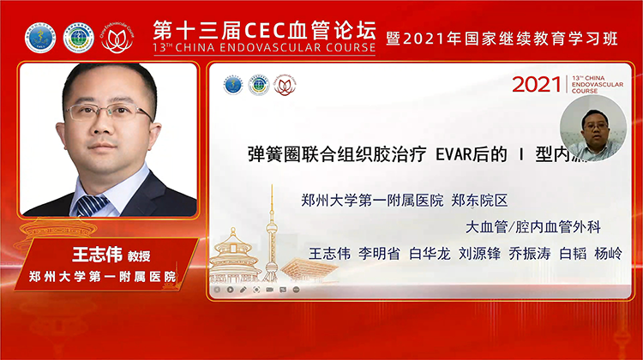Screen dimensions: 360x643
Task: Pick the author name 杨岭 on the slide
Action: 608,254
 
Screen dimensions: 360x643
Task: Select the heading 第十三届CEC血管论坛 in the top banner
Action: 263,28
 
